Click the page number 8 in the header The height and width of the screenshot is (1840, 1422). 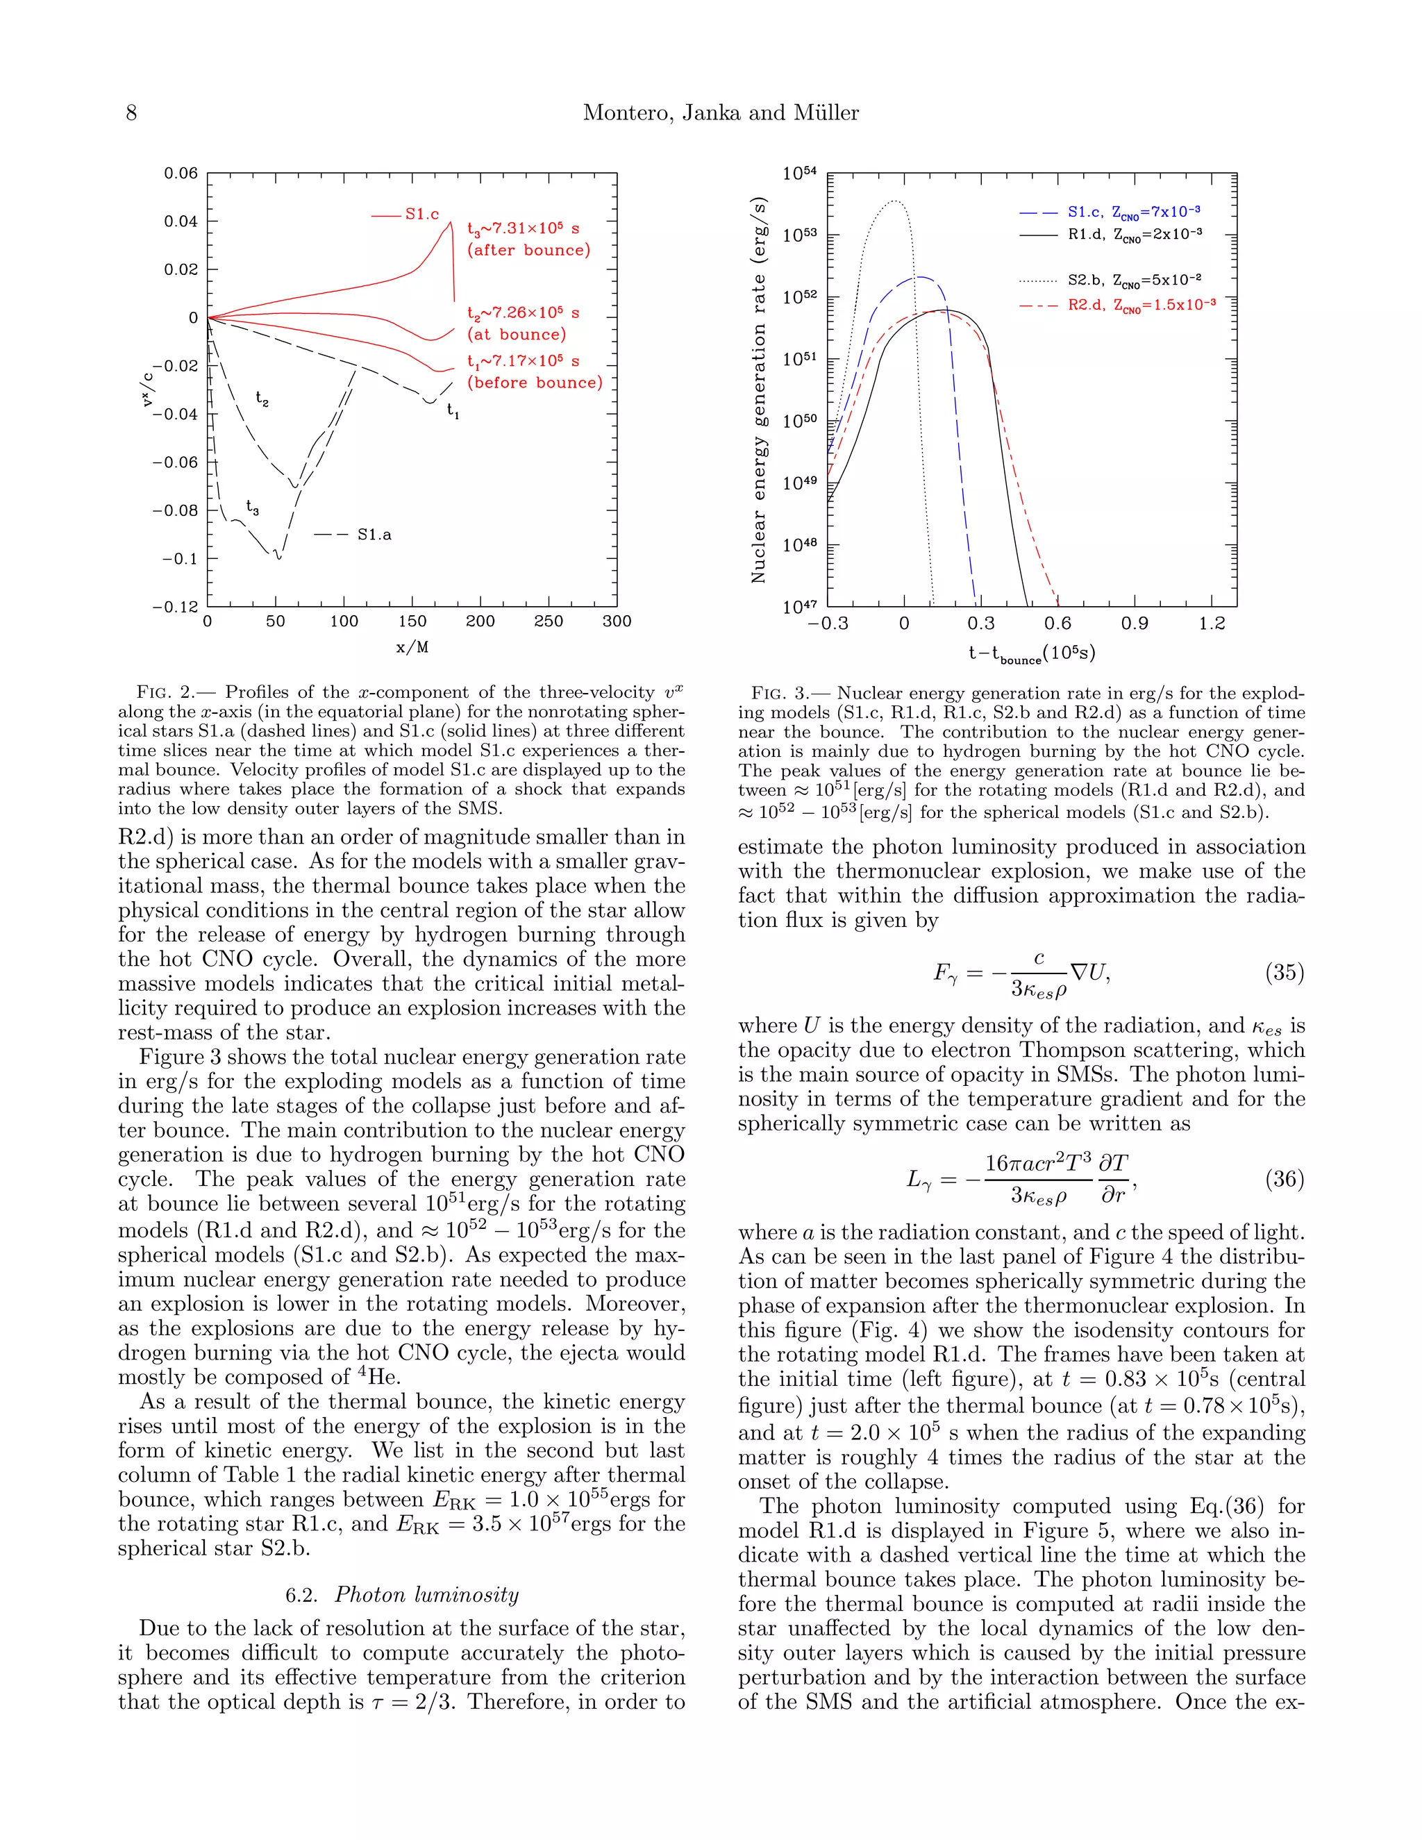coord(131,113)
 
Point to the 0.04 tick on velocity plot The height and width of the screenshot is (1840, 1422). coord(181,221)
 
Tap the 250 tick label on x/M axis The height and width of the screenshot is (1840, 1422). coord(549,621)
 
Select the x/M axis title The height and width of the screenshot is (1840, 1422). coord(412,647)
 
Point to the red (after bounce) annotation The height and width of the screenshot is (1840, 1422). coord(528,250)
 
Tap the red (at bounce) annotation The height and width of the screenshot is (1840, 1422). coord(517,335)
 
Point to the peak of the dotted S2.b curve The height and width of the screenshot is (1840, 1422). coord(894,201)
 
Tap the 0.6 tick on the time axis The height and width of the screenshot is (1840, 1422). coord(1057,624)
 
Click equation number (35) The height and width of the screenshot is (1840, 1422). coord(1284,972)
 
